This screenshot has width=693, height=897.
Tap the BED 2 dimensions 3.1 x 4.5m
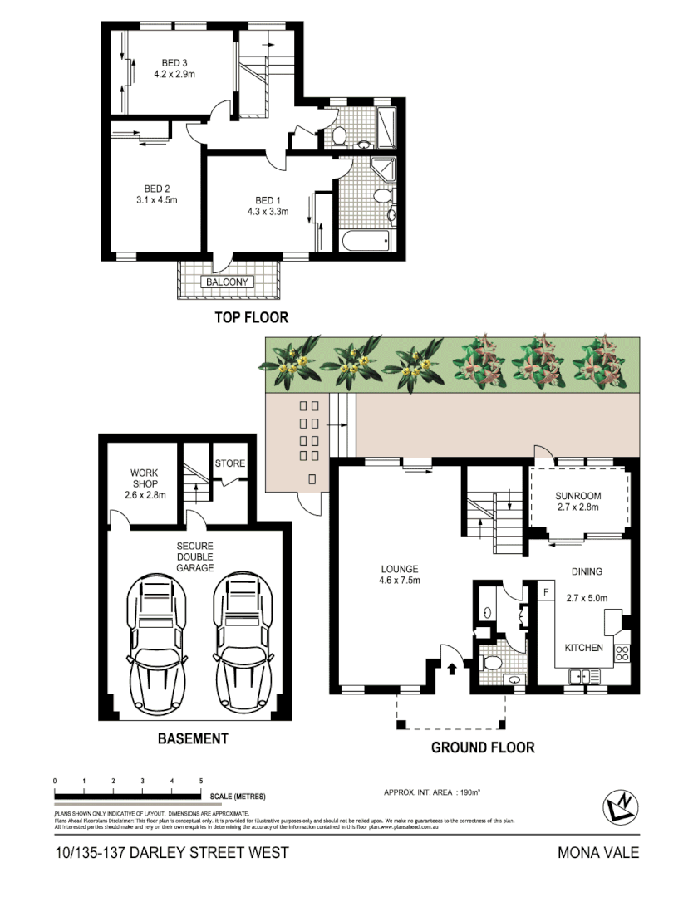[x=145, y=199]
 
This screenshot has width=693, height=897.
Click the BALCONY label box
[x=227, y=282]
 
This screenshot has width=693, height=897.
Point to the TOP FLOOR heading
[x=251, y=317]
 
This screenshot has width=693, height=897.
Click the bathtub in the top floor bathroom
[x=365, y=242]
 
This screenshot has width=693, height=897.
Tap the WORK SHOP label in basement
[x=144, y=478]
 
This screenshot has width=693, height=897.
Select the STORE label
[x=230, y=463]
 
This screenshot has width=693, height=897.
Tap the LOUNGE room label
[x=400, y=569]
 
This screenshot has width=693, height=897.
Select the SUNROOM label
[x=578, y=497]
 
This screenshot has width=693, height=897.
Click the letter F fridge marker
[x=546, y=592]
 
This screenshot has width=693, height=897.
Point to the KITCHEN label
[x=584, y=648]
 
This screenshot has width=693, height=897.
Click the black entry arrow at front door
[x=452, y=667]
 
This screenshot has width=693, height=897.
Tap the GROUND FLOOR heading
[x=482, y=747]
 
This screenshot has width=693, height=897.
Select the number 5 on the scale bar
[x=201, y=782]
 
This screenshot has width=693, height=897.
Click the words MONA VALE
[x=598, y=853]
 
